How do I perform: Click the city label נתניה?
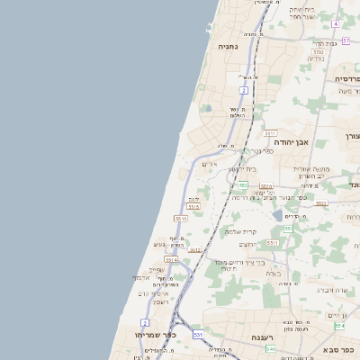(x=228, y=45)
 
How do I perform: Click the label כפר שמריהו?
(x=128, y=334)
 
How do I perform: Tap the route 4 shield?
(x=335, y=23)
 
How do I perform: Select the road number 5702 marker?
(x=319, y=53)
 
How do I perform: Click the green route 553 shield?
(x=243, y=184)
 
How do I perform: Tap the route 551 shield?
(x=288, y=229)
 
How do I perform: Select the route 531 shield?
(x=198, y=335)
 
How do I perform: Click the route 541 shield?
(x=271, y=347)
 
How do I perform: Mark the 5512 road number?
(x=195, y=249)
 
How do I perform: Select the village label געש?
(x=158, y=245)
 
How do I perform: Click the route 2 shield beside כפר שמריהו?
(x=145, y=322)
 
